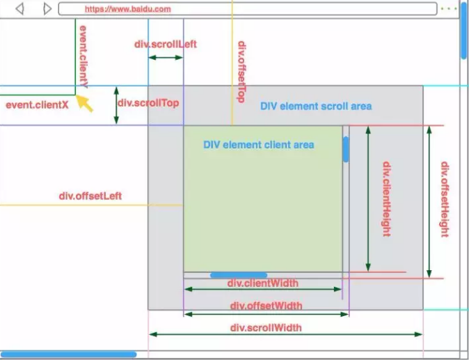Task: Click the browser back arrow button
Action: pos(19,9)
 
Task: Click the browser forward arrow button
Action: pos(47,9)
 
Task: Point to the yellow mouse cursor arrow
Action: pos(85,104)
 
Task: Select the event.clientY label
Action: pos(84,56)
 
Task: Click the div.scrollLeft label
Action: pos(166,44)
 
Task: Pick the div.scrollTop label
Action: pos(148,102)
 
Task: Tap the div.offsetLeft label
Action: pos(90,196)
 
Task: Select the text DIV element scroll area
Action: pos(316,107)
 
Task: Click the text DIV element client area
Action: pos(259,145)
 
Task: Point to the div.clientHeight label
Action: pos(386,198)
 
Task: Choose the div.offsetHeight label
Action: pos(444,199)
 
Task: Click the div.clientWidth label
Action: pos(263,283)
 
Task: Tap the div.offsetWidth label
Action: pos(267,305)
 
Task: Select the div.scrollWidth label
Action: pos(267,327)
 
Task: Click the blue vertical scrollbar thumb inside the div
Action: pos(345,150)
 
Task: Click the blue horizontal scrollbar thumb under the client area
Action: pos(239,275)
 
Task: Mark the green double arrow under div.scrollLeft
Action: pos(166,57)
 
